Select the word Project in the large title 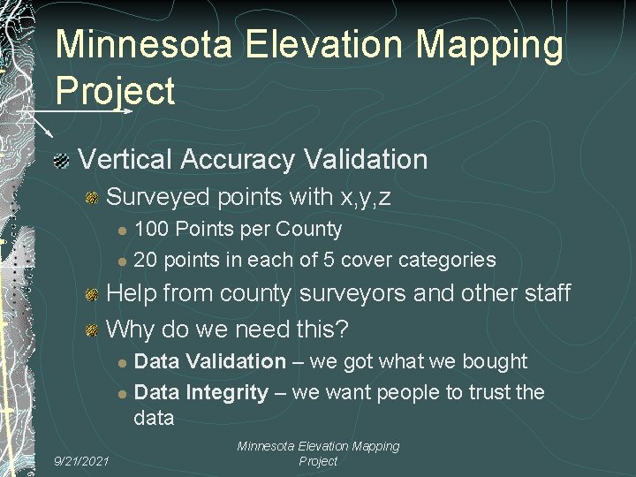click(x=115, y=90)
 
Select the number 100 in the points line click(x=152, y=230)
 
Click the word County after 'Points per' click(x=308, y=230)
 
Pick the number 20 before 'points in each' click(x=146, y=260)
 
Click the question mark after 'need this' click(x=343, y=329)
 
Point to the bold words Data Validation click(x=209, y=361)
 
